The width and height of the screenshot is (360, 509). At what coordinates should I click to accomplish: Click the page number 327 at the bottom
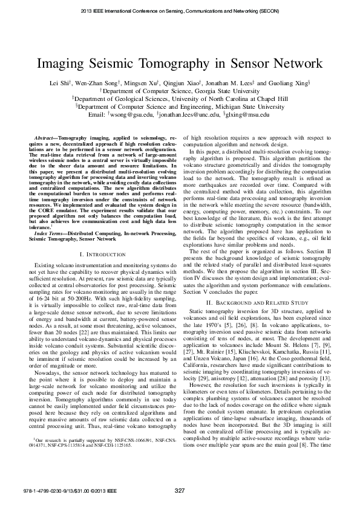180,489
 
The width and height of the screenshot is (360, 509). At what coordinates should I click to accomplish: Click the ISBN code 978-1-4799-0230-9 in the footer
43,490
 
